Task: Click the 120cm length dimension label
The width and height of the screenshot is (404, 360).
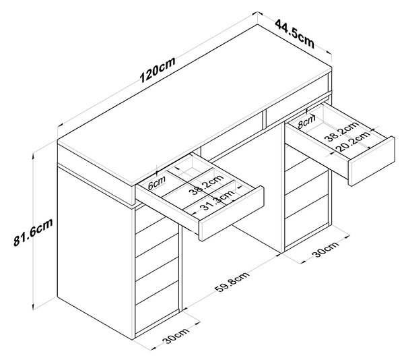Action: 158,69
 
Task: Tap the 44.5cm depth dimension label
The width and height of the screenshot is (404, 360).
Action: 295,34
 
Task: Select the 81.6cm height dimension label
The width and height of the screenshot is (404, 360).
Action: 33,232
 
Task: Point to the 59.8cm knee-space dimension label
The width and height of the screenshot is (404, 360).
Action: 232,282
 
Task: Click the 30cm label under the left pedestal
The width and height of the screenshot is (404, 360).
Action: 176,336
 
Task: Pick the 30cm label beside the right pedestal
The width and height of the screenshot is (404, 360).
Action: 325,249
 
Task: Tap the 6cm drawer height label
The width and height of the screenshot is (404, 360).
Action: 157,183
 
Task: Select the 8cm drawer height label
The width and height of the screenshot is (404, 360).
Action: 306,122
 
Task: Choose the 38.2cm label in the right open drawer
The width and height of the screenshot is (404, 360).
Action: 341,131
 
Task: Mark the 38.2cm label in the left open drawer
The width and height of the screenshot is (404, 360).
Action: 206,185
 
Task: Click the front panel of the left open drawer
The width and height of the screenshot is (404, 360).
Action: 232,213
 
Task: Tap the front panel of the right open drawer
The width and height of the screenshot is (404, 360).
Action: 371,161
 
